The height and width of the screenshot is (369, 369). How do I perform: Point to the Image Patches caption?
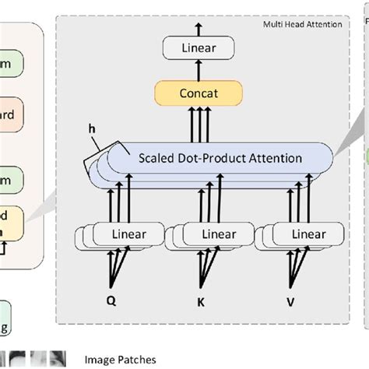121,360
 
